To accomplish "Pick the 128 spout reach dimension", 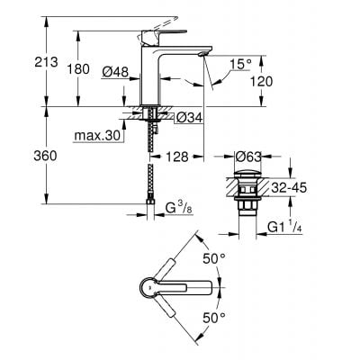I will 177,157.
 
